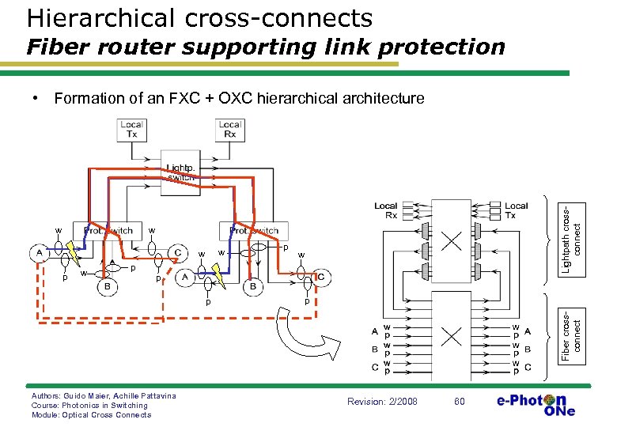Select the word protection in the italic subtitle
tap(441, 47)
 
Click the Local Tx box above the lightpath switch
tap(131, 129)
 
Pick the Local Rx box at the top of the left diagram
tap(229, 129)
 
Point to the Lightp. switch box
tap(180, 172)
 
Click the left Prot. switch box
tap(108, 230)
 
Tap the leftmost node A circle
tap(39, 252)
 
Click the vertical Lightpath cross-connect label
tap(570, 237)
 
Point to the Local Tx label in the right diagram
tap(516, 210)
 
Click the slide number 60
tap(460, 402)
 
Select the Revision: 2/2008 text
tap(381, 402)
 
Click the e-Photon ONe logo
tap(536, 403)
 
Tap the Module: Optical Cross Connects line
tap(91, 415)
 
